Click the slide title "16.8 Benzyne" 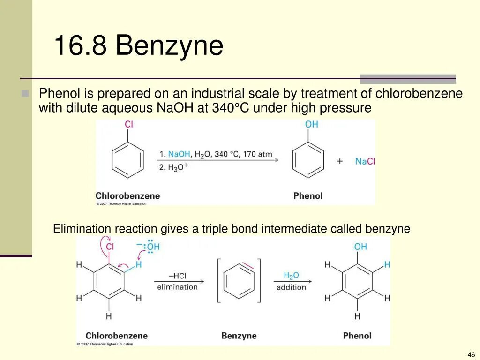coord(138,46)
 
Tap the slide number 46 coord(471,354)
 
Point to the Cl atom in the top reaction coord(128,125)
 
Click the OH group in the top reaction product coord(311,124)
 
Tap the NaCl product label coord(365,161)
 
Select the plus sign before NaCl coord(340,161)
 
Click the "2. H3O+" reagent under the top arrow coord(173,167)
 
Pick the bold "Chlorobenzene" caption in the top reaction coord(127,196)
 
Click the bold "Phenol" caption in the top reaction coord(308,196)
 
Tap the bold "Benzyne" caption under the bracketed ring coord(239,336)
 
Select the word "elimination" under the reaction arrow coord(177,287)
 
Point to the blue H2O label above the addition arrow coord(291,276)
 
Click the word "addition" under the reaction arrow coord(291,287)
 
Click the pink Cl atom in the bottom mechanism coord(110,247)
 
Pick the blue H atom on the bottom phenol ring coord(387,265)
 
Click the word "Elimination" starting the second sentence coord(82,229)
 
